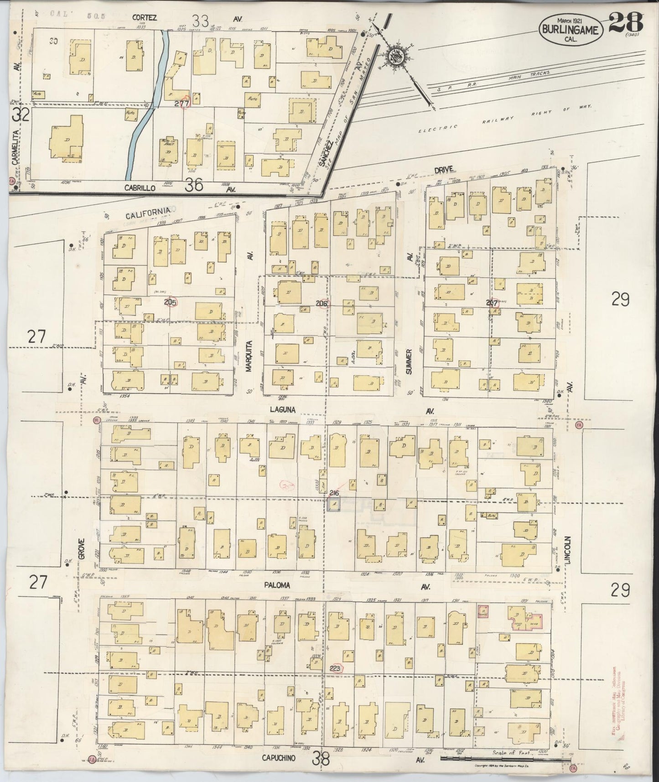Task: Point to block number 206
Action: tap(322, 303)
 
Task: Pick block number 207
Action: tap(492, 302)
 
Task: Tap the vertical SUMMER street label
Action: tap(409, 362)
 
